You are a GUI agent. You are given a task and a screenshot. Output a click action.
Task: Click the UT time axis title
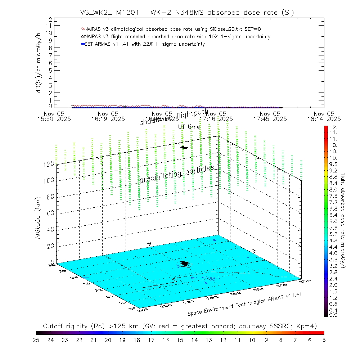189,127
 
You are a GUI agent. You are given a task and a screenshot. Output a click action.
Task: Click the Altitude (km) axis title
38,220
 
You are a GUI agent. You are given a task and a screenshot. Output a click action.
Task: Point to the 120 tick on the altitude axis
50,164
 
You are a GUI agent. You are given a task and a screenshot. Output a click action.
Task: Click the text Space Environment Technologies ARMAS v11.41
244,304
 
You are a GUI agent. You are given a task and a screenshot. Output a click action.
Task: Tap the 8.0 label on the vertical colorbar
333,189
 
